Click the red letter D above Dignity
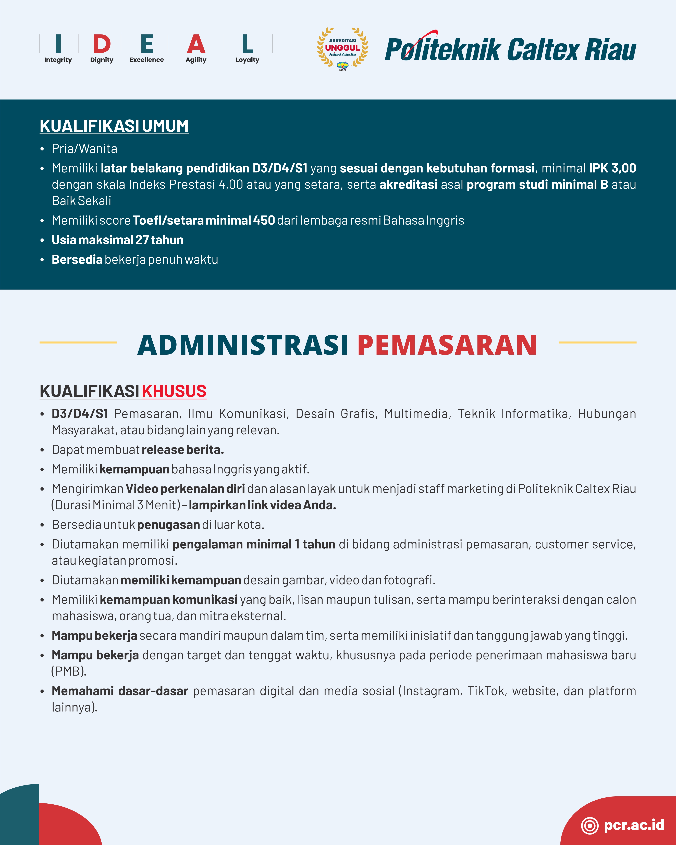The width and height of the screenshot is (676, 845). [x=102, y=44]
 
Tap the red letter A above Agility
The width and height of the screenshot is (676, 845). [x=196, y=44]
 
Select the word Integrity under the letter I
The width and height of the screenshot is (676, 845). [x=58, y=60]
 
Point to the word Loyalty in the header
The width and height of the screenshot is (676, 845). [x=247, y=60]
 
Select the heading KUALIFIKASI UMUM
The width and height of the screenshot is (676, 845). [x=114, y=126]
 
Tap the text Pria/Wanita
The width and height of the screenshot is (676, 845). [x=84, y=149]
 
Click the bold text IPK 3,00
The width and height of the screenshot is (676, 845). [x=612, y=168]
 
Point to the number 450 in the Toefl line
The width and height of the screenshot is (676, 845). [x=264, y=220]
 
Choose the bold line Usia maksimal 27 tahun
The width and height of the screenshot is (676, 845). [x=118, y=240]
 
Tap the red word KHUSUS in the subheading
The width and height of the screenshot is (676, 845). [x=174, y=391]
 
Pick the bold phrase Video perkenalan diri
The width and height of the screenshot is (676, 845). [x=185, y=489]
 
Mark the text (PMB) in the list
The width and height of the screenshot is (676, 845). [x=69, y=671]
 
